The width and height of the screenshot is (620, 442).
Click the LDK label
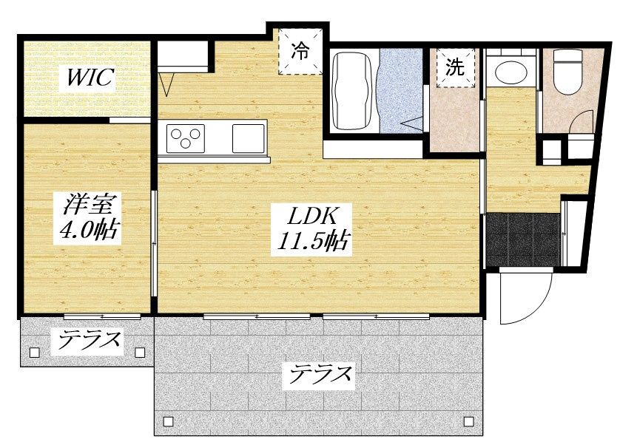tap(312, 216)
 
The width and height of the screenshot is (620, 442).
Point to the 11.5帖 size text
tap(312, 240)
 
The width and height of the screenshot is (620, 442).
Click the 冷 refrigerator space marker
tap(300, 51)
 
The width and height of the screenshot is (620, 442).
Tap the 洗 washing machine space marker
tap(455, 68)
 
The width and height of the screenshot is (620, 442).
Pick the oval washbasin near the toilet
tap(510, 72)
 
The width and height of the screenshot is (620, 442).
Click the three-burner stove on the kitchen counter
tap(185, 137)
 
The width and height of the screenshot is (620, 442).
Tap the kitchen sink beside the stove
tap(248, 138)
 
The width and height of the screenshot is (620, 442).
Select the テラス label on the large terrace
tap(320, 376)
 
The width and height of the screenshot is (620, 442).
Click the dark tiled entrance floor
tap(522, 239)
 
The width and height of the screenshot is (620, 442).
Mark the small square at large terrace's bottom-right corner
tap(467, 421)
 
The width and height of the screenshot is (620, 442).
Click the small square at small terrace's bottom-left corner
tap(34, 353)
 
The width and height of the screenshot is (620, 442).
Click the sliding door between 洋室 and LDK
tap(154, 244)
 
